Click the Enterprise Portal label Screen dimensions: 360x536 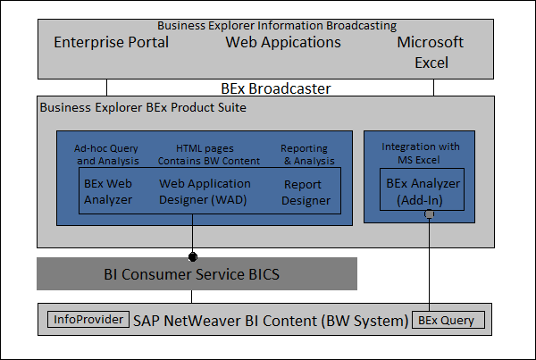(x=112, y=42)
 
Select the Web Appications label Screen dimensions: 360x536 (x=283, y=42)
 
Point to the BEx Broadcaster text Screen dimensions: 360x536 (x=276, y=88)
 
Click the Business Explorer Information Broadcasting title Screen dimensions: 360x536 (x=277, y=26)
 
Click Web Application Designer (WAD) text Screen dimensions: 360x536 (x=205, y=191)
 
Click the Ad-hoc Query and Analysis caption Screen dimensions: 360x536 (x=107, y=155)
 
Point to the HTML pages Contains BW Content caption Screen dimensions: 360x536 (x=208, y=155)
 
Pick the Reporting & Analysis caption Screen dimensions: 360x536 (x=305, y=155)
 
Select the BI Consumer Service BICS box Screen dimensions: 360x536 (x=197, y=274)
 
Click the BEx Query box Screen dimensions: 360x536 (x=451, y=320)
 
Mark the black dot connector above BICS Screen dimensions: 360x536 (x=192, y=256)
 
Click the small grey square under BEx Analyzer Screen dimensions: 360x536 (x=430, y=214)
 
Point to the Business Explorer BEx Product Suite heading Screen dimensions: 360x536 (x=143, y=107)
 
